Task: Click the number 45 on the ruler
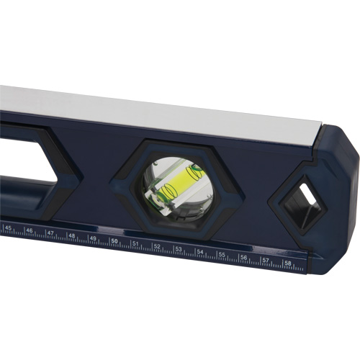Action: pyautogui.click(x=9, y=228)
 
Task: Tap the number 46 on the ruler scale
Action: pyautogui.click(x=30, y=231)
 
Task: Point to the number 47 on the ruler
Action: pyautogui.click(x=50, y=234)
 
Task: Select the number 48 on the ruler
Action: pyautogui.click(x=72, y=236)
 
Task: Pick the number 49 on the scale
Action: pyautogui.click(x=93, y=239)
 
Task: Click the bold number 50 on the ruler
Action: pyautogui.click(x=114, y=241)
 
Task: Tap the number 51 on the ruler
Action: pyautogui.click(x=135, y=244)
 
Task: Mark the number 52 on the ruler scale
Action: pyautogui.click(x=157, y=247)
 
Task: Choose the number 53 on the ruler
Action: pyautogui.click(x=179, y=250)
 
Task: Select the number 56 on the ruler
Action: pyautogui.click(x=244, y=258)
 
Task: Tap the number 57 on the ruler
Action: pyautogui.click(x=266, y=261)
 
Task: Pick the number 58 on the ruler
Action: pyautogui.click(x=288, y=264)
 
